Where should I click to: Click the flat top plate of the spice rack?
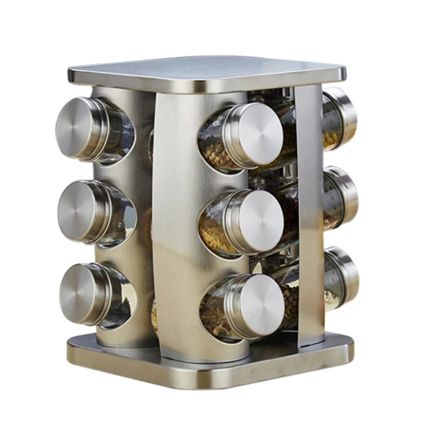tap(209, 72)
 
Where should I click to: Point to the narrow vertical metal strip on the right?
tap(309, 214)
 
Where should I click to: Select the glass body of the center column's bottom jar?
tap(217, 310)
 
